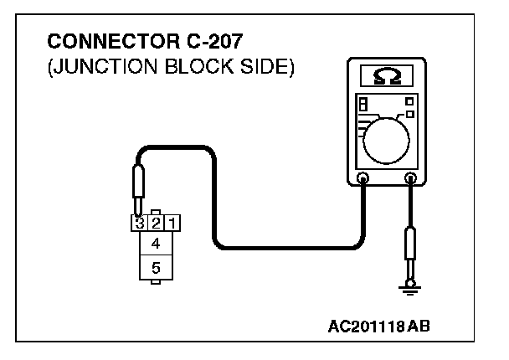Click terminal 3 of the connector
pyautogui.click(x=138, y=224)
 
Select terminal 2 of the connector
pyautogui.click(x=155, y=224)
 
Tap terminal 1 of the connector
pyautogui.click(x=171, y=224)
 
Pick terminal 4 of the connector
pyautogui.click(x=155, y=244)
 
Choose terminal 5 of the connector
pyautogui.click(x=155, y=269)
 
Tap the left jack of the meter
pyautogui.click(x=363, y=177)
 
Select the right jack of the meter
pyautogui.click(x=411, y=177)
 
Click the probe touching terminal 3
pyautogui.click(x=138, y=184)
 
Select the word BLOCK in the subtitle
pyautogui.click(x=189, y=66)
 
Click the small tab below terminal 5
pyautogui.click(x=155, y=284)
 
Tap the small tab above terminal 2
pyautogui.click(x=155, y=212)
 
